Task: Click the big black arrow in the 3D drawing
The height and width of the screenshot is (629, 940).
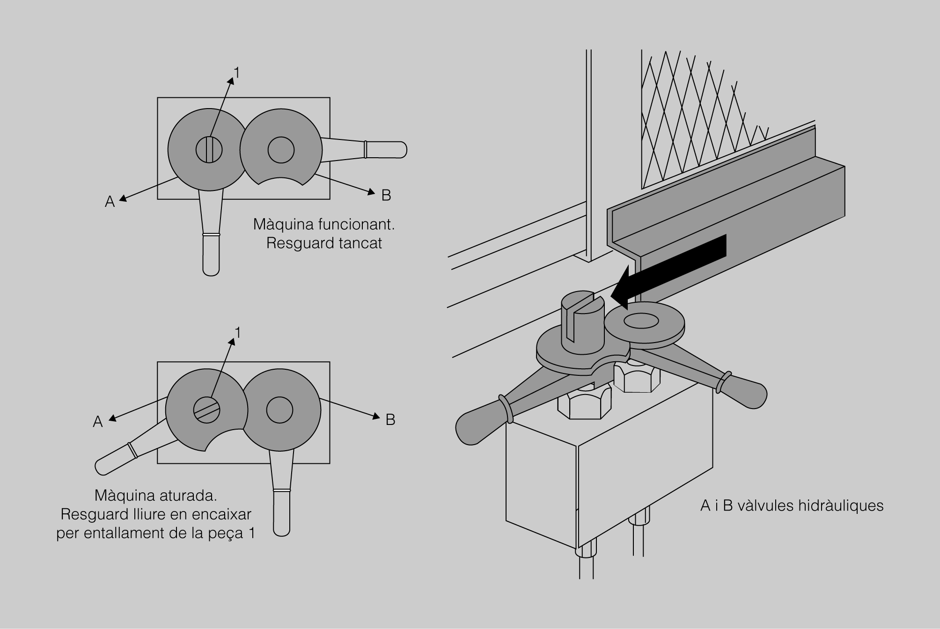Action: [674, 267]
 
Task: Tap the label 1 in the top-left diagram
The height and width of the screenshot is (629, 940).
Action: [237, 73]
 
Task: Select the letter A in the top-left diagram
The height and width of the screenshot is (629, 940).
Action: [110, 202]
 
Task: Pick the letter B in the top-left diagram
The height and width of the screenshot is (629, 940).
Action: [386, 195]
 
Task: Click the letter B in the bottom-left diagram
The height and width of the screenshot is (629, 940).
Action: [390, 420]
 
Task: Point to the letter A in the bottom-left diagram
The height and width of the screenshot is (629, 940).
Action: [97, 422]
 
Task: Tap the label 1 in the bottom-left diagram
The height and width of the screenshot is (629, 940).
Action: [238, 333]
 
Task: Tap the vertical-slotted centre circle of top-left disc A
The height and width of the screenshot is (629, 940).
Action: [209, 150]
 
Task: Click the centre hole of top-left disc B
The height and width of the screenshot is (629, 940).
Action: [281, 150]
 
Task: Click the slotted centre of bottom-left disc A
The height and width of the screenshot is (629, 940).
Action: [206, 410]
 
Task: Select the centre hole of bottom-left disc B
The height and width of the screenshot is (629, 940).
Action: [279, 410]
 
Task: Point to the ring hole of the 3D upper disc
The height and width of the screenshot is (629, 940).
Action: [641, 321]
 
